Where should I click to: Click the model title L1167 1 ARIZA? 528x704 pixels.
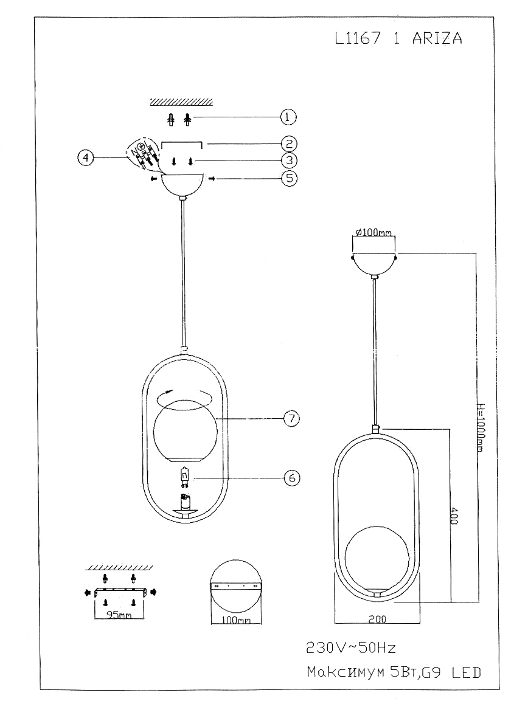coord(398,38)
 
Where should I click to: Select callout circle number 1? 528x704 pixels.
coord(288,116)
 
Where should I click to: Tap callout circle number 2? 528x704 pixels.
coord(288,143)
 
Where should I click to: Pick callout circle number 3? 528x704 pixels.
coord(288,160)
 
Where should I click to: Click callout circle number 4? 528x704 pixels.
coord(86,158)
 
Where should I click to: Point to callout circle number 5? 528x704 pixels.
coord(288,179)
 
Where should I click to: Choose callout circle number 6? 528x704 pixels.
coord(293,478)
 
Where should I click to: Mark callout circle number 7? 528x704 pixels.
coord(293,418)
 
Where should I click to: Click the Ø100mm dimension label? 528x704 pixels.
coord(373,232)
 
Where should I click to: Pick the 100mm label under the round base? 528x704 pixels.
coord(235,621)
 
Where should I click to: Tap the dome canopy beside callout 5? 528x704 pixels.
coord(182,185)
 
